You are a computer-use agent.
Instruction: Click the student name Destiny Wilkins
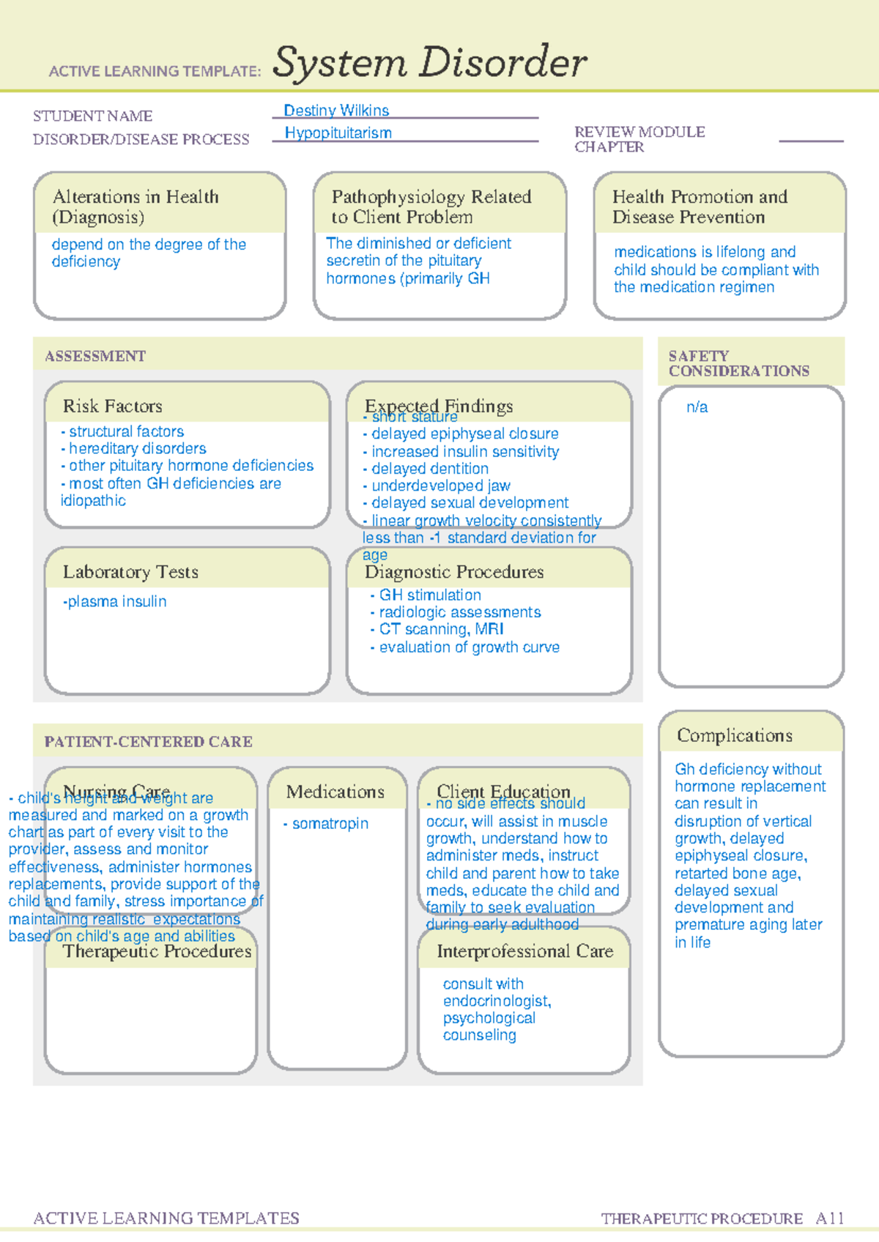336,111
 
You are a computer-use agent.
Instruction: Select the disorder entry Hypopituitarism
338,133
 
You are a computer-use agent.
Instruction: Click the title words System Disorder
429,62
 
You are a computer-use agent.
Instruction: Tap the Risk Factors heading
113,406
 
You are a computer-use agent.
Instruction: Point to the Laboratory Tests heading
130,572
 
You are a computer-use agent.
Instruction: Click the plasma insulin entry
115,602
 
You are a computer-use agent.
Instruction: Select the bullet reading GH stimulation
429,595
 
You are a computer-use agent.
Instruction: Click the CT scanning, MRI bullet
440,630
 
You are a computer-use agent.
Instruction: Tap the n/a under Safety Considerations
697,408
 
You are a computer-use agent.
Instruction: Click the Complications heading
734,735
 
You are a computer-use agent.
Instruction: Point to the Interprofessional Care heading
524,951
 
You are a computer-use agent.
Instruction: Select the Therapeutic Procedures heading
157,951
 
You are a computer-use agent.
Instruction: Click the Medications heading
335,792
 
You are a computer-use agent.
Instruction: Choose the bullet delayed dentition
429,469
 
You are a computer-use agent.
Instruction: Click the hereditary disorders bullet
137,449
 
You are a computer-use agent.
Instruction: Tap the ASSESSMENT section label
95,357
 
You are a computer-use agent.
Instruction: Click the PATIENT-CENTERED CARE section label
148,742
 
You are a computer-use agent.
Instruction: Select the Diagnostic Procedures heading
454,572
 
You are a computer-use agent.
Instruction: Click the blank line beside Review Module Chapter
810,139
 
